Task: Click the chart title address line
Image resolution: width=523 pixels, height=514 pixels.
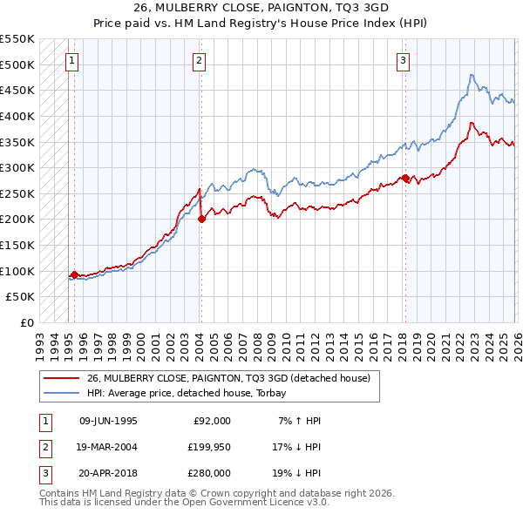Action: click(x=261, y=7)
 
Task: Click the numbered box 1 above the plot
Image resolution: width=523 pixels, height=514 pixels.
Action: click(x=71, y=60)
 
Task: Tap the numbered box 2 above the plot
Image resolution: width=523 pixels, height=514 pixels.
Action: click(x=200, y=60)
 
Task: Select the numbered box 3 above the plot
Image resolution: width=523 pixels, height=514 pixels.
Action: click(x=404, y=60)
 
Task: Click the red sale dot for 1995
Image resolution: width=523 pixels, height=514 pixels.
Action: click(x=74, y=275)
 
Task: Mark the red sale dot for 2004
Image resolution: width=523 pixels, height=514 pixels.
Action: click(x=201, y=220)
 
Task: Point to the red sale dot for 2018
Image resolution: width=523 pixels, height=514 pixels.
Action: click(x=405, y=178)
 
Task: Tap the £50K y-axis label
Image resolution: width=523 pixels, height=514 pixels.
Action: click(x=21, y=297)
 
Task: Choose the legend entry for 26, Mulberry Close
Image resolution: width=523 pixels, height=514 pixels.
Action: click(x=228, y=378)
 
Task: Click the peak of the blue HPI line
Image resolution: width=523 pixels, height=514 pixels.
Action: click(x=471, y=75)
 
